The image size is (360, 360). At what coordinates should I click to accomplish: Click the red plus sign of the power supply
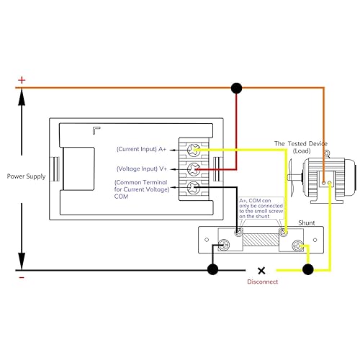pos(22,80)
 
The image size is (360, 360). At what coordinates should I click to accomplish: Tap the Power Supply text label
pos(26,176)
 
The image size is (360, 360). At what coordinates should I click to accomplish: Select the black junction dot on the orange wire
pos(235,88)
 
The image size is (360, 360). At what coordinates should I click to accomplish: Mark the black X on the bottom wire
pos(261,271)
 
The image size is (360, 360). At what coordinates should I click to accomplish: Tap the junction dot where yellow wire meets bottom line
pos(308,270)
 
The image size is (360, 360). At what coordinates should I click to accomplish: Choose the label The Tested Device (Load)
pos(300,148)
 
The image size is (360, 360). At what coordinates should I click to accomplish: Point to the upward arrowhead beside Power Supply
pos(22,98)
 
